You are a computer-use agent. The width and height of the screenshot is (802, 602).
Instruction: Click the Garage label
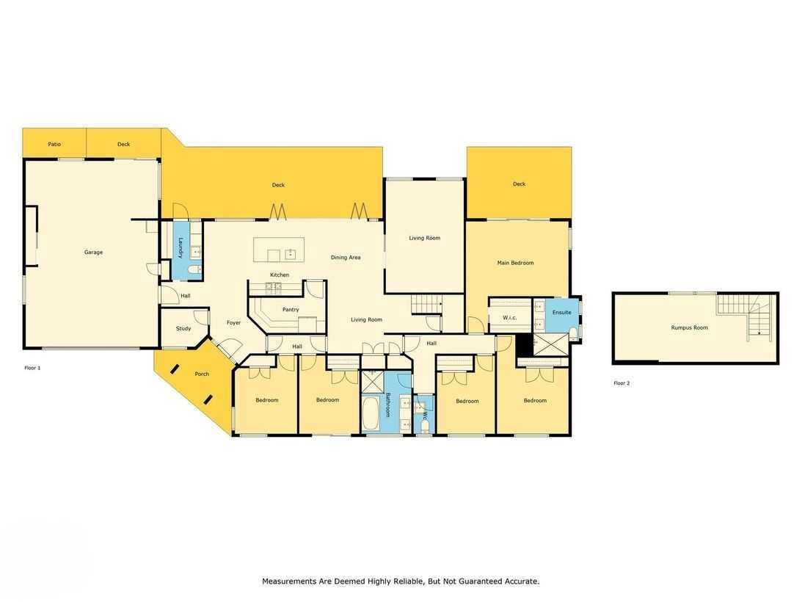pos(94,252)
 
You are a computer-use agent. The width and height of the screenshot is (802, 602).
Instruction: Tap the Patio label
pos(54,145)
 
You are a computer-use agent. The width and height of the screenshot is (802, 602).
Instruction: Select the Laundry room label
pos(181,247)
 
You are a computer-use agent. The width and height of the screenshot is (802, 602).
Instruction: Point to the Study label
pos(183,329)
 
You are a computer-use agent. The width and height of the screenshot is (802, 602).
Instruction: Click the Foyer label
pos(234,322)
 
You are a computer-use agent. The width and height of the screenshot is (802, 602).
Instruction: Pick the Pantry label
pos(291,310)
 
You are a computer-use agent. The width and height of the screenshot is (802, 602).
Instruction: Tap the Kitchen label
pos(280,275)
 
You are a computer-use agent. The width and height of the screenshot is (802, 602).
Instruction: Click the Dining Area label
pos(346,258)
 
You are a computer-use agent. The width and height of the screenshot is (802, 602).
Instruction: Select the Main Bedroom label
pos(516,263)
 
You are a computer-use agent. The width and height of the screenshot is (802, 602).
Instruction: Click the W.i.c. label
pos(509,317)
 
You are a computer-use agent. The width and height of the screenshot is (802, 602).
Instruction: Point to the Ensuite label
pos(561,312)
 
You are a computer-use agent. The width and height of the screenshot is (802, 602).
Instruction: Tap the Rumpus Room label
pos(690,327)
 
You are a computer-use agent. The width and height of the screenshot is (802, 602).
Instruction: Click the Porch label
pos(202,374)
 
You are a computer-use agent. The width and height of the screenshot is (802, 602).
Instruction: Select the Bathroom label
pos(387,405)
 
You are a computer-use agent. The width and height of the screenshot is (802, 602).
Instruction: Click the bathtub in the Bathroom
pos(370,414)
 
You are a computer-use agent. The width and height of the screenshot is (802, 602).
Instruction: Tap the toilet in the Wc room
pos(424,426)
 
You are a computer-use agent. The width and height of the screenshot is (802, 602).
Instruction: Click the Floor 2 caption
pos(621,383)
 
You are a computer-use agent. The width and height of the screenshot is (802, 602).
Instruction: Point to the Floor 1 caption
pos(32,368)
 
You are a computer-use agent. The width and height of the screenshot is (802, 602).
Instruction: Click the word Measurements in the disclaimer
pos(288,581)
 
